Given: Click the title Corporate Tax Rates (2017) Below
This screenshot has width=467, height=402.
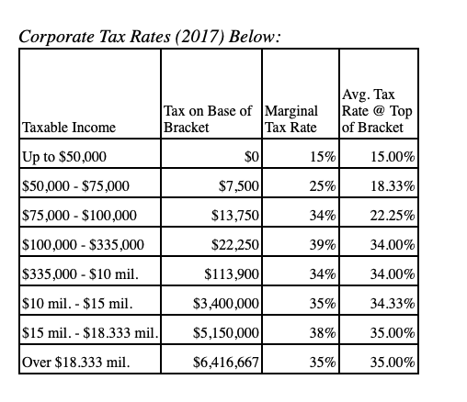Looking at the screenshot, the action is tap(148, 37).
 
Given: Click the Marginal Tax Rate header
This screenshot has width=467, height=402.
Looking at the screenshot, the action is tap(290, 118).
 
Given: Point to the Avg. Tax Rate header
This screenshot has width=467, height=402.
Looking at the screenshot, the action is tap(377, 110).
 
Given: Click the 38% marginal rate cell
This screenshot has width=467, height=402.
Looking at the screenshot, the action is tap(323, 331).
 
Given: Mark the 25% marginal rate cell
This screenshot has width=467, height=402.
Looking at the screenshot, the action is tap(323, 186).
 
